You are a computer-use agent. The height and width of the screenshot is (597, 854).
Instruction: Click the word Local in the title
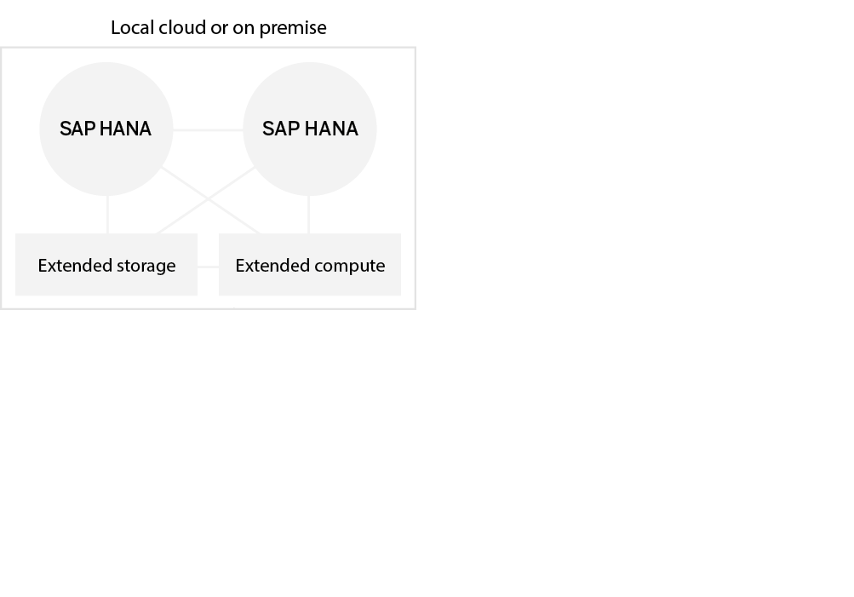tap(132, 27)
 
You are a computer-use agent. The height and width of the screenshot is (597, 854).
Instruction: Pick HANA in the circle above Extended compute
tap(331, 129)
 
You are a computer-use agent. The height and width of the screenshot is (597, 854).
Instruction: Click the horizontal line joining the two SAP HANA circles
tap(209, 129)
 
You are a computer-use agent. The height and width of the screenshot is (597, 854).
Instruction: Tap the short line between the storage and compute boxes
tap(208, 267)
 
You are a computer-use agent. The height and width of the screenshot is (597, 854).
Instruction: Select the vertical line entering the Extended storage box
tap(107, 215)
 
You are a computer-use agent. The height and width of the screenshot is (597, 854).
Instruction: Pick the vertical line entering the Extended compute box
tap(309, 215)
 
